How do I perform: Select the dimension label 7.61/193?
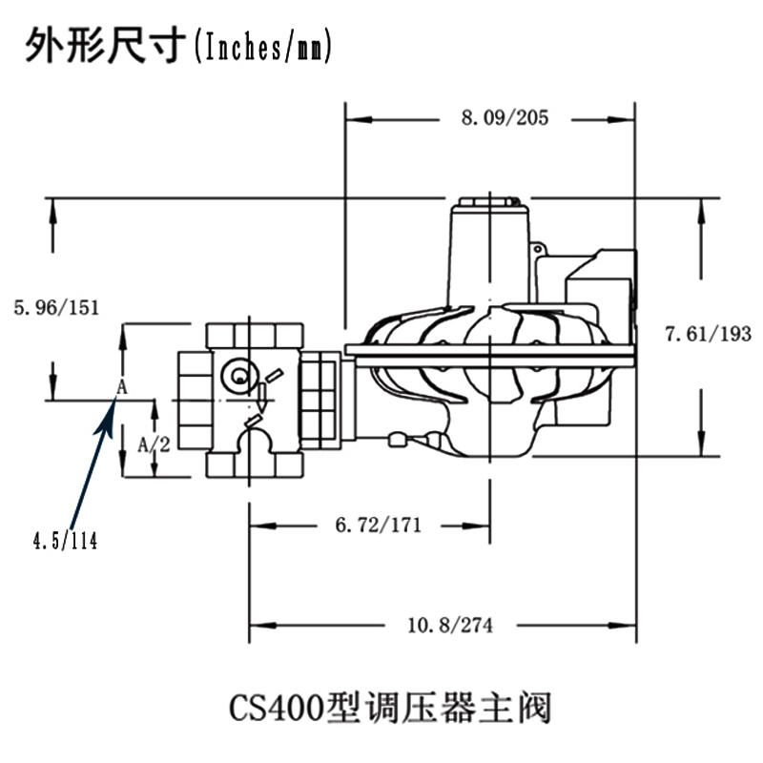coord(708,334)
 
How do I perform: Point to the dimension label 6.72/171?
coord(372,525)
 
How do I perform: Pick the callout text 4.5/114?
coord(65,542)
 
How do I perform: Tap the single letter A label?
coord(121,386)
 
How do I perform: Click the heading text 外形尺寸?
coord(103,45)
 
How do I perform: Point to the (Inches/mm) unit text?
coord(262,46)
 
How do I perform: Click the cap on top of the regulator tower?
coord(488,204)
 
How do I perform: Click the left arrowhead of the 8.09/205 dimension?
coord(353,119)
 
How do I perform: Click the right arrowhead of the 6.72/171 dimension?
coord(484,525)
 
